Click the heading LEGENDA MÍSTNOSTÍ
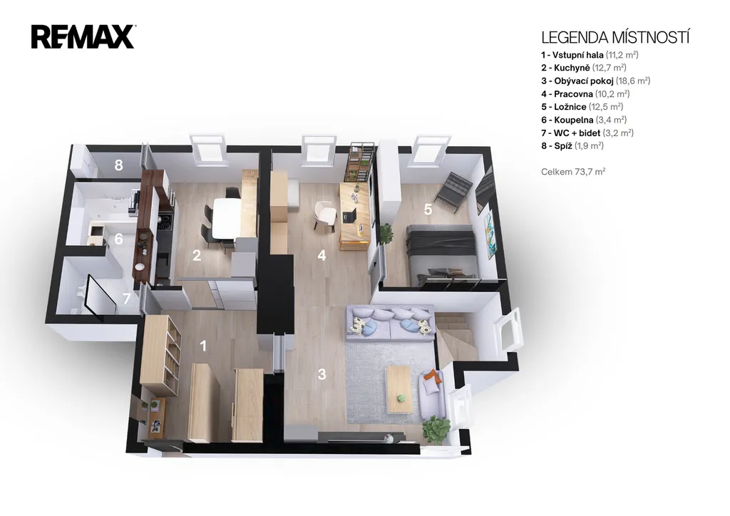tap(615, 37)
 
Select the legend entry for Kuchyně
tap(583, 68)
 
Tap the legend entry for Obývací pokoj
tap(595, 81)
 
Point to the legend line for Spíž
tap(572, 146)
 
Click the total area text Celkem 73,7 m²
tap(573, 172)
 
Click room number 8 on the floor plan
tap(119, 165)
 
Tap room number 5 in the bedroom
tap(428, 210)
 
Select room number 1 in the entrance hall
tap(203, 346)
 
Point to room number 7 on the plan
tap(127, 298)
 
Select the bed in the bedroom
tap(441, 254)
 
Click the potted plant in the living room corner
tap(436, 429)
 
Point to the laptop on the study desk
tap(349, 215)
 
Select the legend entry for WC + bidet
tap(587, 133)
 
